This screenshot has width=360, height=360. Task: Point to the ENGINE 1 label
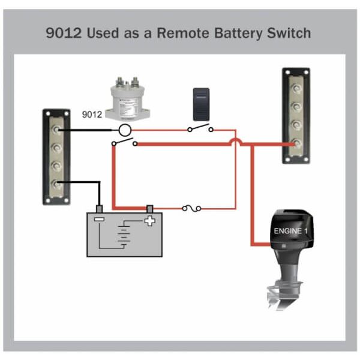point(290,231)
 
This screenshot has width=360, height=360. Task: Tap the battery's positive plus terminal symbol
point(149,221)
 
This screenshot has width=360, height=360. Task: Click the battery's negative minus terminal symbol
point(99,220)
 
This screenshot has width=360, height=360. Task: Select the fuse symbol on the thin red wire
point(191,209)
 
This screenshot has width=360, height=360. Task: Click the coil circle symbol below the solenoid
point(124,130)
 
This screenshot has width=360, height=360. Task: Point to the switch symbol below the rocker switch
point(200,128)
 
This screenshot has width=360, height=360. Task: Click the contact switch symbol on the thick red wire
point(124,143)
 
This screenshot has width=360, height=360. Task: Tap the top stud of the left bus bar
point(55,128)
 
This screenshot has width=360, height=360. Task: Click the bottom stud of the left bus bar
point(55,182)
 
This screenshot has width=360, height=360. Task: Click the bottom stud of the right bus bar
point(296,143)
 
